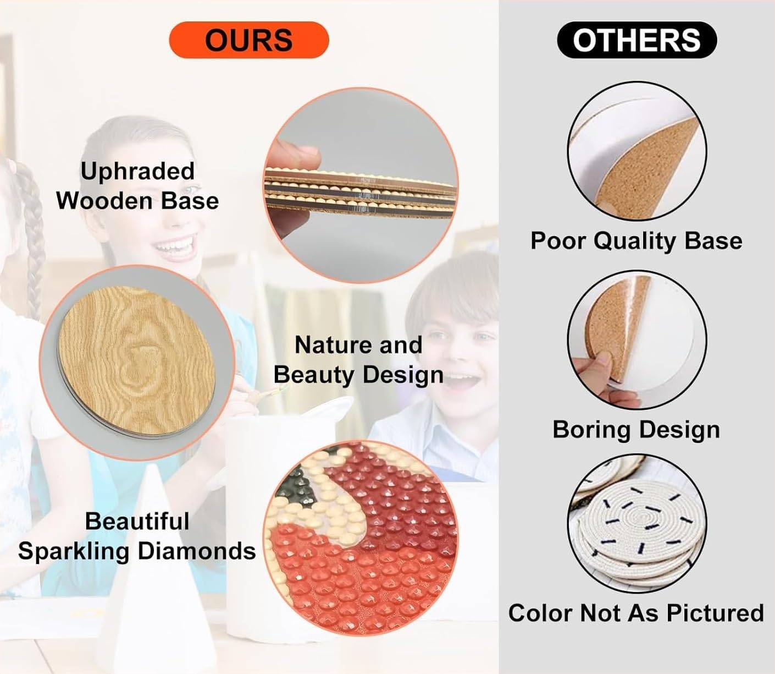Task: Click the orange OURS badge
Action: (249, 40)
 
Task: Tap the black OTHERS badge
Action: (636, 40)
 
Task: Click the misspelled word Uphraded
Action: (137, 171)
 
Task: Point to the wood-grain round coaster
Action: (136, 362)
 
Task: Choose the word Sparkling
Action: (74, 551)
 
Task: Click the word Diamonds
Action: (197, 551)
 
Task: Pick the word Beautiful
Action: (137, 521)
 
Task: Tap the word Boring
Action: (592, 430)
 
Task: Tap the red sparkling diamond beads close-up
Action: (362, 538)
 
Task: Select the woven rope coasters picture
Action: (637, 524)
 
